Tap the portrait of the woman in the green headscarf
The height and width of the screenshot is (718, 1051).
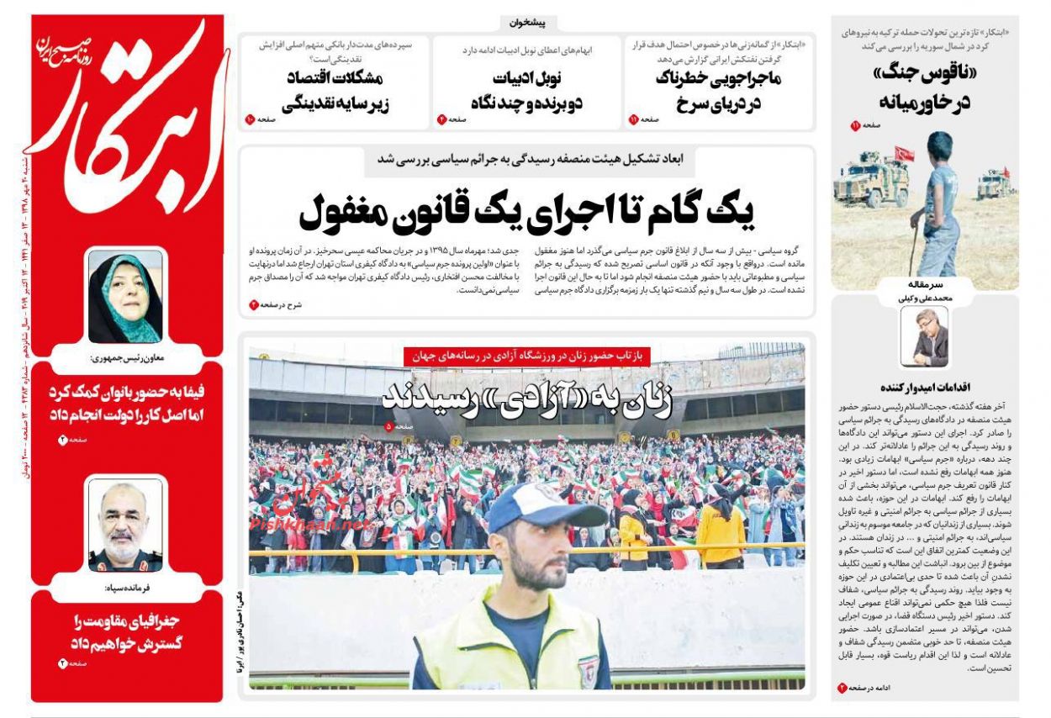point(125,297)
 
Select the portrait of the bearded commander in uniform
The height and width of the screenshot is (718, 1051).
point(125,523)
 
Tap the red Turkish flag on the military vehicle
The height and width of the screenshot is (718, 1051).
point(904,154)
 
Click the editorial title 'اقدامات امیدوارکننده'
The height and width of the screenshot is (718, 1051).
point(925,388)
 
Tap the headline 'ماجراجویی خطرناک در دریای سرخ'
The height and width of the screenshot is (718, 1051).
point(718,92)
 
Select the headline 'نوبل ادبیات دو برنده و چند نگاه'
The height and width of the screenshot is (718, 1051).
point(527,92)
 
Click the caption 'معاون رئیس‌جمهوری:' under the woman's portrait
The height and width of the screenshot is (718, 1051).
point(125,358)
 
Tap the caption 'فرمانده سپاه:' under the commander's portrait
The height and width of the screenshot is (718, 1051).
point(126,588)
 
